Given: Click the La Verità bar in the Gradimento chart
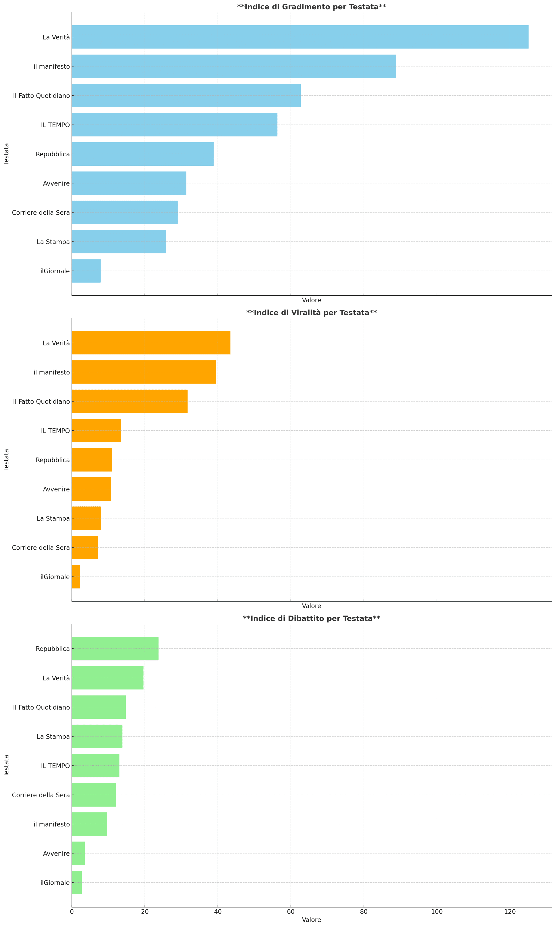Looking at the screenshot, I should [300, 37].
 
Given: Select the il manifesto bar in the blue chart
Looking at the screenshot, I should [234, 66].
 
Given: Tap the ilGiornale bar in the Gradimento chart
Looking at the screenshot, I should [86, 271].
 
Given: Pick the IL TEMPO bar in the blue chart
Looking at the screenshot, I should [174, 125].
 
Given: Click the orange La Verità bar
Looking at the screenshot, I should [151, 343].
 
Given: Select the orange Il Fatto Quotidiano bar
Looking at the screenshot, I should [129, 401].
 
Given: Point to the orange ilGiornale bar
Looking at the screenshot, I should [76, 577].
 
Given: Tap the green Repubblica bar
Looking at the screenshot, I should [115, 649].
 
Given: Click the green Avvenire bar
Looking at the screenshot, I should [78, 853].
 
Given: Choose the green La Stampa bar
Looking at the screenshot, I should [97, 736].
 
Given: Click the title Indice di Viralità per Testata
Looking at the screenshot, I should [311, 313].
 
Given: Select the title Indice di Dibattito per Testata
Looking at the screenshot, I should [311, 618].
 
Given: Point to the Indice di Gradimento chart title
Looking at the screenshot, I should [311, 7].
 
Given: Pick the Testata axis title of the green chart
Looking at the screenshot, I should [6, 766].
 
